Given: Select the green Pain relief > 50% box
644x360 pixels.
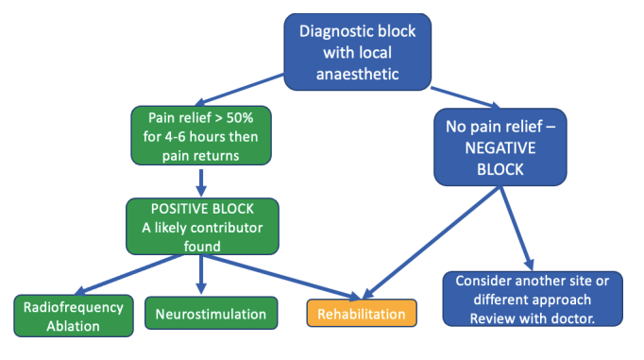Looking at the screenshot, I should [x=199, y=135].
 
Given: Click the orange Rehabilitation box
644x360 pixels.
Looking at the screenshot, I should [x=362, y=314].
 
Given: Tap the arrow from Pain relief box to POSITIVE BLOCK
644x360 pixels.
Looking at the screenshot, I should [x=200, y=181].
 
